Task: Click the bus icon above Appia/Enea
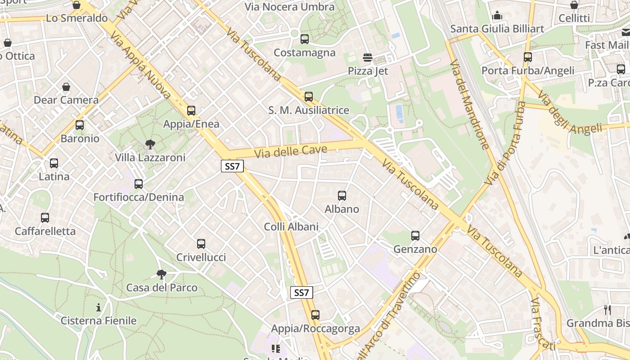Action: point(191,111)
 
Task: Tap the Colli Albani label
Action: point(291,227)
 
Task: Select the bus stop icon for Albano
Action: point(342,196)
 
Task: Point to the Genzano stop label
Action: point(415,249)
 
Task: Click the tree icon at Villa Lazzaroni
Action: point(150,144)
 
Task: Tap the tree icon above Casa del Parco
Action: point(162,274)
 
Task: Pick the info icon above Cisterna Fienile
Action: point(99,308)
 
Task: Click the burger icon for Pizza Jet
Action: point(368,58)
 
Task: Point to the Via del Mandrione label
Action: point(469,104)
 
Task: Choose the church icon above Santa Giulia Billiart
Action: point(497,16)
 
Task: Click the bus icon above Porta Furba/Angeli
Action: point(528,57)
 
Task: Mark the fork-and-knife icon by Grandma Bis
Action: point(607,310)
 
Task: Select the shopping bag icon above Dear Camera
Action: point(66,86)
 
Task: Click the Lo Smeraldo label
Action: point(77,18)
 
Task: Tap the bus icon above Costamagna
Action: point(305,39)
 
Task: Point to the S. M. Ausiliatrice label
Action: point(309,110)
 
